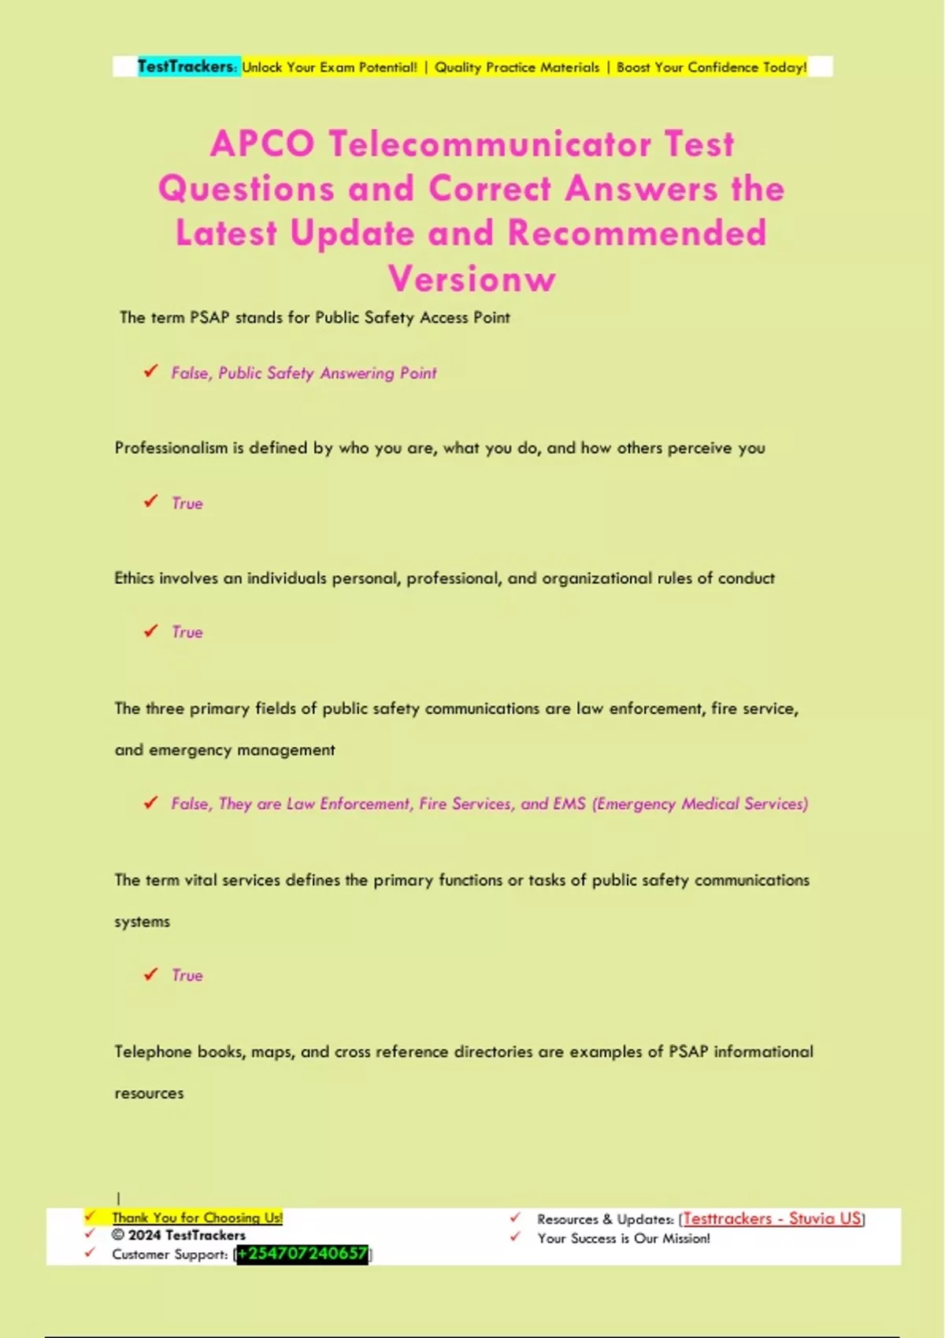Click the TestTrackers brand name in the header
click(x=186, y=67)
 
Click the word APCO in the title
click(x=262, y=144)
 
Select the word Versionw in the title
click(x=472, y=279)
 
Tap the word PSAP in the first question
click(x=209, y=317)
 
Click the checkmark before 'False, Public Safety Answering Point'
click(x=150, y=371)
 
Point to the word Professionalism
click(x=171, y=448)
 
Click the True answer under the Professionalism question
click(x=187, y=504)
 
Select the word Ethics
click(x=134, y=578)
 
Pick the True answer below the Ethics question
click(x=187, y=633)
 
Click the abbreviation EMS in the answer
click(x=569, y=804)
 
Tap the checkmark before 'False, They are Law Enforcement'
click(x=150, y=803)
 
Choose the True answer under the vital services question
click(x=187, y=976)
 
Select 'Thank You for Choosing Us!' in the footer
click(x=197, y=1218)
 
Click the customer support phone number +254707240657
click(x=302, y=1254)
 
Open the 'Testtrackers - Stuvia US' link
click(x=772, y=1219)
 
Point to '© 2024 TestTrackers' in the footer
click(x=179, y=1236)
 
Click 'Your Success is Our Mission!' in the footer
click(x=624, y=1239)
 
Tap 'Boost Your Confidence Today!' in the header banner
click(x=711, y=68)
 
